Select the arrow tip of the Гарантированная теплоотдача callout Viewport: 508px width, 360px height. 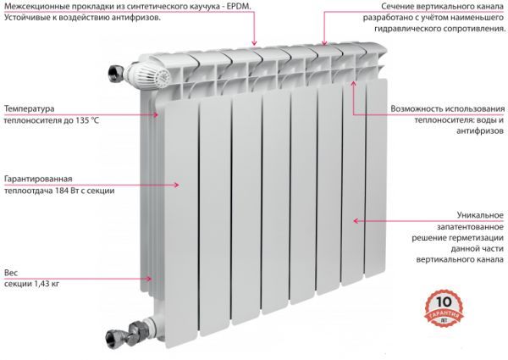click(x=179, y=183)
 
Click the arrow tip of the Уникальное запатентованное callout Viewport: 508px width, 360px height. click(x=354, y=220)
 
